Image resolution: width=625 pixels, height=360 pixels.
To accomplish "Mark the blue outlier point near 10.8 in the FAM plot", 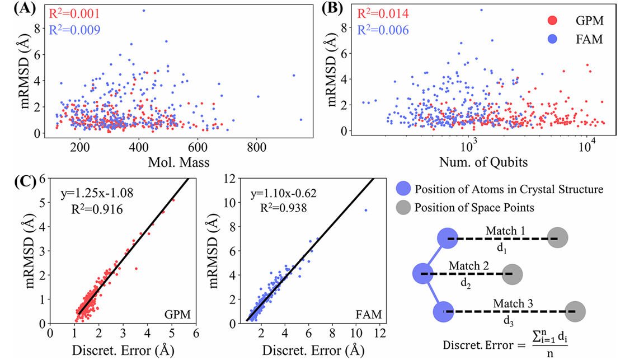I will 366,210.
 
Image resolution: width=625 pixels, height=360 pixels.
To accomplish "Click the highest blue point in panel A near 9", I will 144,10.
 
